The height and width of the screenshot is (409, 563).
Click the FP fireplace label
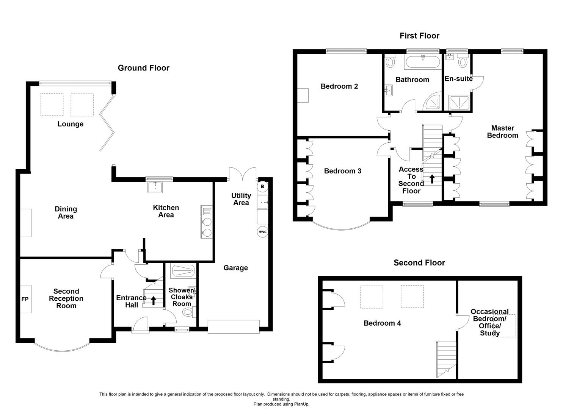25,299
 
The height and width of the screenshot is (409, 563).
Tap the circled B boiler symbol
262,187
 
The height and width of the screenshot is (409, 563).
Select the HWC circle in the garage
262,232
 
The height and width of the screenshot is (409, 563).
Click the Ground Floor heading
143,68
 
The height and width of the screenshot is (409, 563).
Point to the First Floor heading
419,36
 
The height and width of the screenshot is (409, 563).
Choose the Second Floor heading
419,263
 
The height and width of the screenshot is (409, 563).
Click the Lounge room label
70,124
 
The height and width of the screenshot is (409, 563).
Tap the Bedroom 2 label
339,86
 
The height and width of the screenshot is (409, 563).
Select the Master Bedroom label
502,132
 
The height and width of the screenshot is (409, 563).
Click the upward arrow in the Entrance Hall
154,301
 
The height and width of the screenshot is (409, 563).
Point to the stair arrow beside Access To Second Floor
432,179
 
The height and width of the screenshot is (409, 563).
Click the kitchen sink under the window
155,187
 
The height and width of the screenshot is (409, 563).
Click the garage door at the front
233,327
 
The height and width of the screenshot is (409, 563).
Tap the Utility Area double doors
243,174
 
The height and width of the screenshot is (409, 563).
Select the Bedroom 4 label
382,323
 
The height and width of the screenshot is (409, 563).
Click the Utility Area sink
263,203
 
